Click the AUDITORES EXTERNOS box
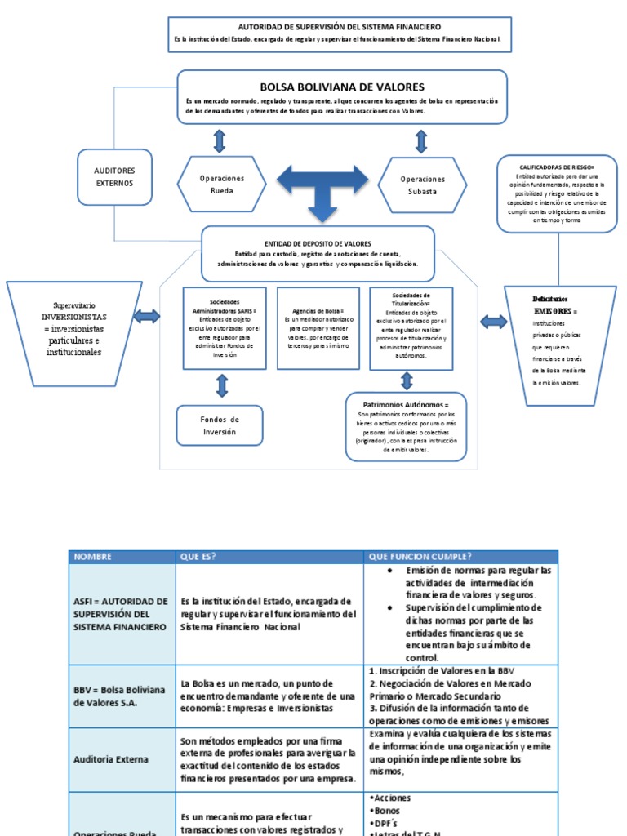[x=114, y=177]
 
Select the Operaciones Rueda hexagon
[x=222, y=185]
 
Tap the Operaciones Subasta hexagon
[x=423, y=185]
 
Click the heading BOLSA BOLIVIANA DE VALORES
[x=342, y=87]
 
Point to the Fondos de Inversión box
[x=220, y=425]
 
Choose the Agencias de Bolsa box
[x=318, y=327]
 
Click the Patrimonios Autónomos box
[x=406, y=427]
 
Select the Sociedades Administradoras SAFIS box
[x=225, y=327]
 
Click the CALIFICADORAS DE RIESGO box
[x=557, y=194]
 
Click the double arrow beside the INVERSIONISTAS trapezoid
[x=147, y=317]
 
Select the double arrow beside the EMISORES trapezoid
[x=494, y=322]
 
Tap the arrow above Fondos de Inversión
[x=222, y=385]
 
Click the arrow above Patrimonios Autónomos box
[x=407, y=380]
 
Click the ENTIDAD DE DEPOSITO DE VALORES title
[x=318, y=243]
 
